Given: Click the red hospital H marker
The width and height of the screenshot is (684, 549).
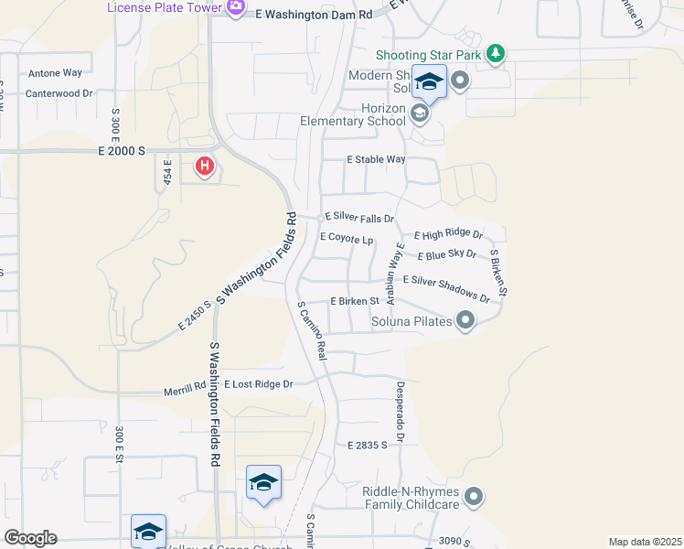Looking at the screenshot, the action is tap(205, 167).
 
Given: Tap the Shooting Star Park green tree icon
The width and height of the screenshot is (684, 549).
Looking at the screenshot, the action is tap(495, 54).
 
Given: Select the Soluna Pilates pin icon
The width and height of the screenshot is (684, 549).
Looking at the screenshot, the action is tap(465, 320).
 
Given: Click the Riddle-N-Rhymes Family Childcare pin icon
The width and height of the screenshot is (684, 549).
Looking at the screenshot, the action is tap(474, 497).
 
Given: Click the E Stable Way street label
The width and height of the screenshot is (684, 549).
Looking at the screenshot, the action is tap(375, 159).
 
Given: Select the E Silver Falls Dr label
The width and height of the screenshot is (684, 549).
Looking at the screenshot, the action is tap(359, 218).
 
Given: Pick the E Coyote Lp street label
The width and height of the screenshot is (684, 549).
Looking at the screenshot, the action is tap(346, 238).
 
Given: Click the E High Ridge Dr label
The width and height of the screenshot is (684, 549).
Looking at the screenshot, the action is tap(448, 235).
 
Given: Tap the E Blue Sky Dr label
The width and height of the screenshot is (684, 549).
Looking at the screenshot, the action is tap(446, 254).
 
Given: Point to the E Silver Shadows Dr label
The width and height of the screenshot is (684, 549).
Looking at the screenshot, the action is tap(446, 288).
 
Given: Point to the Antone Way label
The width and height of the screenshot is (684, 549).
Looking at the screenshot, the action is tap(55, 72).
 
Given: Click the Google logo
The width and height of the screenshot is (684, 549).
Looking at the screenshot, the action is tap(30, 538).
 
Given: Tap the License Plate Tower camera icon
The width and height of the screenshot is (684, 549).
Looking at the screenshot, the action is tap(236, 8).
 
